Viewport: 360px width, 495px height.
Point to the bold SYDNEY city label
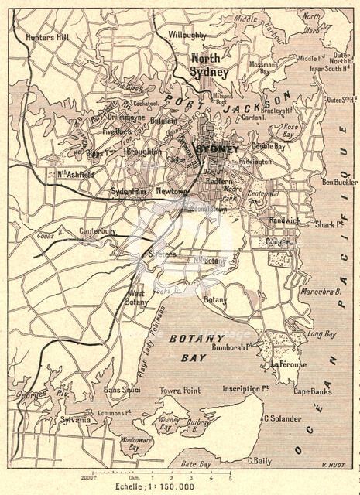[x=218, y=148]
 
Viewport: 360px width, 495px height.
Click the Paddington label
[x=255, y=162]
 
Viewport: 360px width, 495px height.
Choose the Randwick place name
[x=284, y=220]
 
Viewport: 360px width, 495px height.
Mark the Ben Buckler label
[x=339, y=182]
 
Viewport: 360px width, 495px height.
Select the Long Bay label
[x=321, y=334]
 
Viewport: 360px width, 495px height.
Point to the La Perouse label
[x=288, y=364]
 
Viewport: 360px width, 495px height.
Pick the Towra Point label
[x=181, y=391]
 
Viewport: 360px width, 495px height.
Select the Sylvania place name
[x=76, y=419]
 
